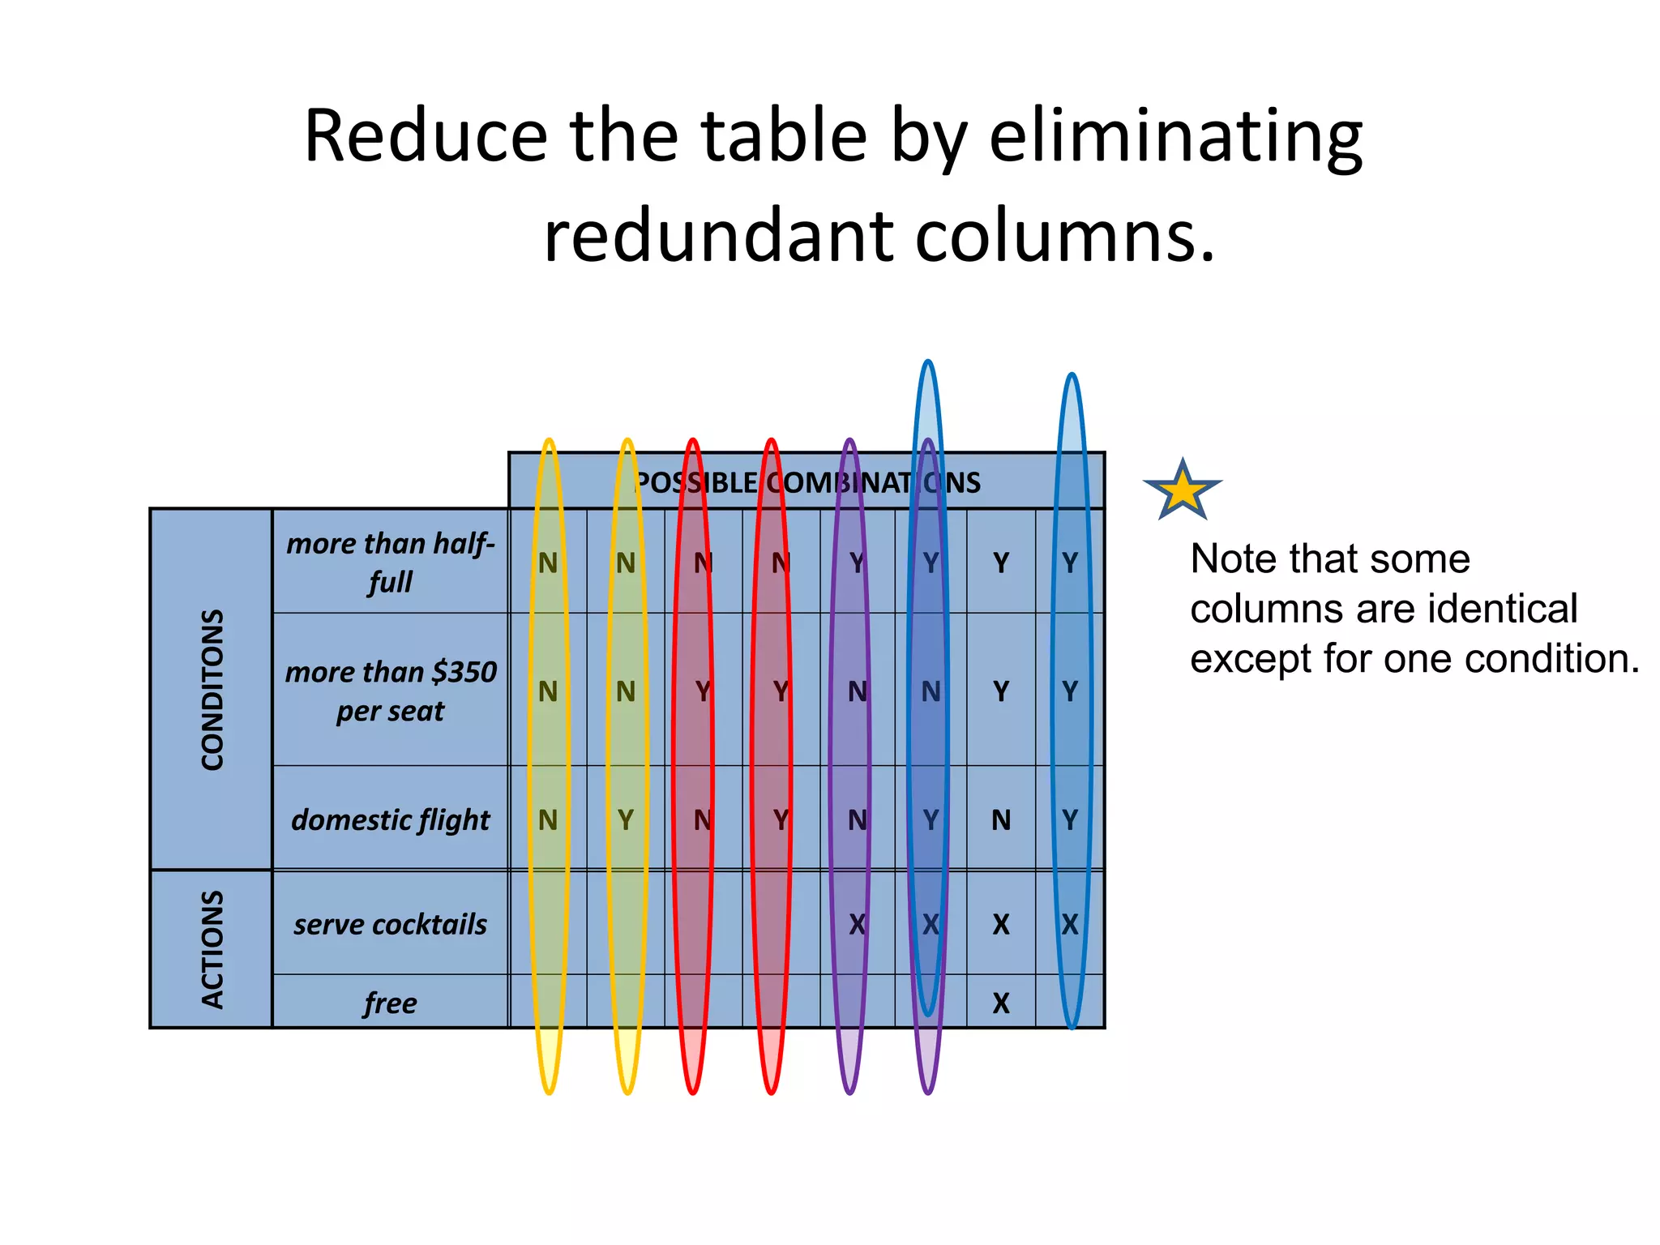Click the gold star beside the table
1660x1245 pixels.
pos(1183,490)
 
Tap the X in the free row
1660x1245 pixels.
pos(1001,1003)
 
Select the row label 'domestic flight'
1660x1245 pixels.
pos(390,819)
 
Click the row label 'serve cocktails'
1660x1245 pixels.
pos(390,924)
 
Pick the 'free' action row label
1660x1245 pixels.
pos(390,1003)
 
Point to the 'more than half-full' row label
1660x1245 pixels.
pos(390,562)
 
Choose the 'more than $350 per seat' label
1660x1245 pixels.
pos(390,691)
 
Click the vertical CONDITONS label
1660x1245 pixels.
pos(212,690)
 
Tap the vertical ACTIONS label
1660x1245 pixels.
pos(212,949)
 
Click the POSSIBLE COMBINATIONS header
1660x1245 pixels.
pos(806,483)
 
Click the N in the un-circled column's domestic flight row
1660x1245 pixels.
pos(1001,820)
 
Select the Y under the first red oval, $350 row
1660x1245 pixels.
pos(703,691)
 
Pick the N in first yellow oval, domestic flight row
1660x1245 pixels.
pos(548,820)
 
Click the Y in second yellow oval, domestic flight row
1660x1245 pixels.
pos(626,820)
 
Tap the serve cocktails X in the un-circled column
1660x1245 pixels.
pos(1001,924)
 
